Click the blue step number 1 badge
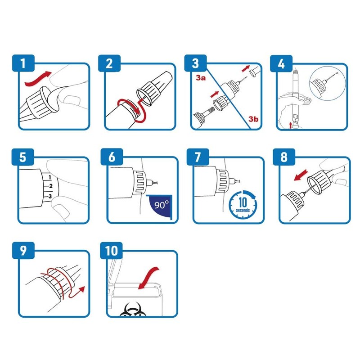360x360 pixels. pyautogui.click(x=23, y=63)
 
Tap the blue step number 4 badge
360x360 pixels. pyautogui.click(x=281, y=63)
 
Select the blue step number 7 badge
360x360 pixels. pyautogui.click(x=198, y=157)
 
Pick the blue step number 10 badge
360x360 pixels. pyautogui.click(x=111, y=251)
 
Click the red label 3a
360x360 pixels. pyautogui.click(x=201, y=78)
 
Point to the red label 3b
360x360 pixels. pyautogui.click(x=253, y=119)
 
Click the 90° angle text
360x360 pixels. pyautogui.click(x=162, y=205)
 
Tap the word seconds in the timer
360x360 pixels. pyautogui.click(x=243, y=210)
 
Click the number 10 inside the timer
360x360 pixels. pyautogui.click(x=243, y=202)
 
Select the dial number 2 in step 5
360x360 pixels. pyautogui.click(x=51, y=186)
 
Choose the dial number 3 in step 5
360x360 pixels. pyautogui.click(x=50, y=196)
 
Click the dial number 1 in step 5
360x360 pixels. pyautogui.click(x=50, y=177)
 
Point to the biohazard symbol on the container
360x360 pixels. pyautogui.click(x=130, y=309)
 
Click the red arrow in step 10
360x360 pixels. pyautogui.click(x=148, y=278)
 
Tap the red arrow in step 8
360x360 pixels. pyautogui.click(x=301, y=175)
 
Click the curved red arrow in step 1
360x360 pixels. pyautogui.click(x=37, y=78)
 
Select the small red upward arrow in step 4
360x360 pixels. pyautogui.click(x=290, y=125)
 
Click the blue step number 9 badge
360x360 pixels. pyautogui.click(x=23, y=251)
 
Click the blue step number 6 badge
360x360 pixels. pyautogui.click(x=112, y=157)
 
